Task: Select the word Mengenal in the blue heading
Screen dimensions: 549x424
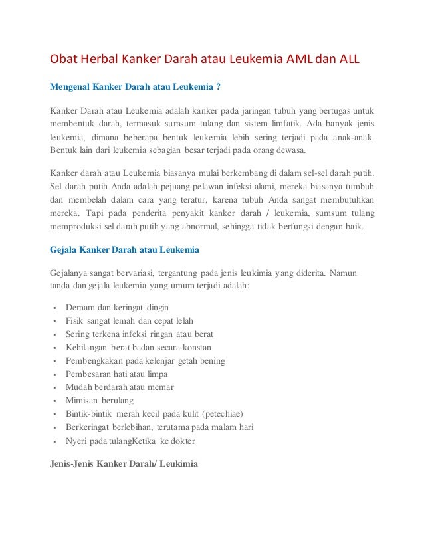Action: tap(71, 85)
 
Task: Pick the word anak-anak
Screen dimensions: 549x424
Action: tap(352, 138)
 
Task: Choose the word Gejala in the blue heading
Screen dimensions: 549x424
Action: tap(65, 250)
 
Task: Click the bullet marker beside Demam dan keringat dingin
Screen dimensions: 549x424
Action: tap(53, 308)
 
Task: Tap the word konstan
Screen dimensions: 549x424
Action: tap(196, 348)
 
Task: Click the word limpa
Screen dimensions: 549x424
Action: tap(156, 374)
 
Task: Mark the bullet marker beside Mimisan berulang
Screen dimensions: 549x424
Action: tap(53, 401)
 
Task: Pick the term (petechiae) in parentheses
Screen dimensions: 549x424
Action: tap(221, 413)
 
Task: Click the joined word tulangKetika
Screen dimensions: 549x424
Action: tap(132, 440)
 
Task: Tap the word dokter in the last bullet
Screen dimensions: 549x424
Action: tap(182, 440)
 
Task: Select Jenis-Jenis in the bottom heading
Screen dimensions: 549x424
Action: tap(71, 463)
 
